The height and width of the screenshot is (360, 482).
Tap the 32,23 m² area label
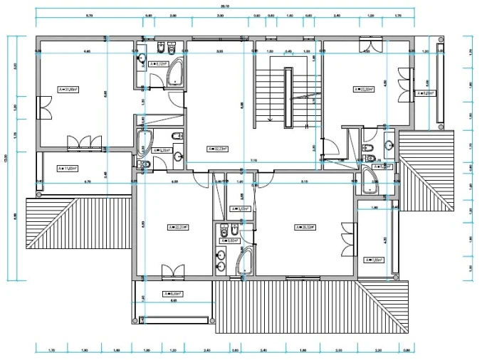coord(217,149)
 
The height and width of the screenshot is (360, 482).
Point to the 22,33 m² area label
coord(365,89)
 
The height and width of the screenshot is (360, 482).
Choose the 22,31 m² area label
coord(177,227)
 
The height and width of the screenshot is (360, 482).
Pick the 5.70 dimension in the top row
coord(90,15)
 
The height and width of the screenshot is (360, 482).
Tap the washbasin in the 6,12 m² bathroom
coord(141,57)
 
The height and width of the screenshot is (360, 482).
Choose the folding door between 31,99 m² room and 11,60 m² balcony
coord(78,142)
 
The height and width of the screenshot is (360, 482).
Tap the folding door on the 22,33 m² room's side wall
coord(405,78)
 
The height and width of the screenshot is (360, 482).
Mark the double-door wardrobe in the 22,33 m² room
coord(367,48)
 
